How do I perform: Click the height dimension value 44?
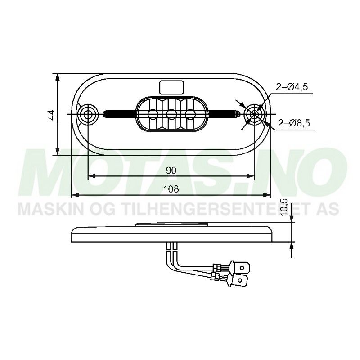pyautogui.click(x=51, y=114)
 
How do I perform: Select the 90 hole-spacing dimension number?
pyautogui.click(x=171, y=170)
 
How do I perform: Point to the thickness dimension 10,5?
pyautogui.click(x=283, y=207)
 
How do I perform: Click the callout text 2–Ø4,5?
pyautogui.click(x=292, y=88)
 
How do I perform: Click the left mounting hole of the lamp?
pyautogui.click(x=87, y=114)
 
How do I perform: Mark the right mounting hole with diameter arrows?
pyautogui.click(x=254, y=114)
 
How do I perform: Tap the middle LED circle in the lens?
pyautogui.click(x=171, y=114)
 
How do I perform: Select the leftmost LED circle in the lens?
pyautogui.click(x=152, y=114)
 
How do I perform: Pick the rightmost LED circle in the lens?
pyautogui.click(x=190, y=114)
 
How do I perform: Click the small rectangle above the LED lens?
pyautogui.click(x=171, y=85)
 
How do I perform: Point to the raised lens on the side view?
pyautogui.click(x=171, y=224)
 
